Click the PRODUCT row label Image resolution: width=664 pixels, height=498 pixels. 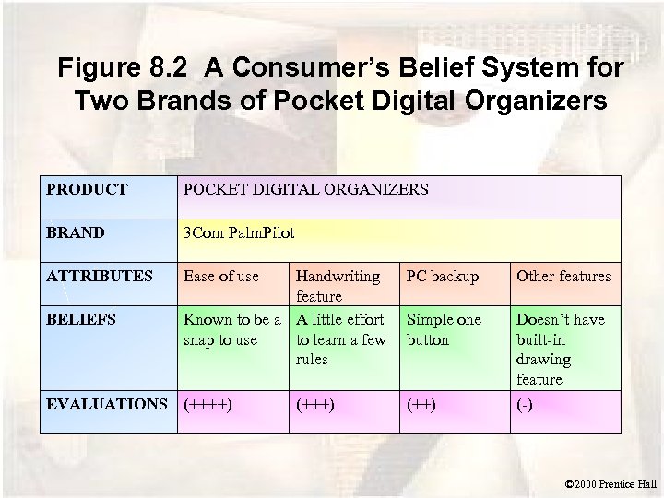87,189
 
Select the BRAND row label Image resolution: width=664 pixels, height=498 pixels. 75,232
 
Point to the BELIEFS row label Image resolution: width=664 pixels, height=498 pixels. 80,319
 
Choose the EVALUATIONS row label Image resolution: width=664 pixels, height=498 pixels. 107,403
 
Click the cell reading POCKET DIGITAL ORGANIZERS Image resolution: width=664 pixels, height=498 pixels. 305,189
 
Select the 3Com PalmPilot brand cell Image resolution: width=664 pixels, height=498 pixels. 239,232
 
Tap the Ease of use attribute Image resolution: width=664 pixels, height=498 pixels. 221,276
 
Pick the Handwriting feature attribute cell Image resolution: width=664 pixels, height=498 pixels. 338,286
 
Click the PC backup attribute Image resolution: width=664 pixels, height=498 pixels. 443,276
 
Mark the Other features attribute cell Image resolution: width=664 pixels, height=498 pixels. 563,276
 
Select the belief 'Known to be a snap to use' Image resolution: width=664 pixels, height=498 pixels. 231,329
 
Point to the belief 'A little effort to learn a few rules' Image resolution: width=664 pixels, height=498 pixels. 339,339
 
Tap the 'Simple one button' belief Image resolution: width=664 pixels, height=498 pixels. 444,329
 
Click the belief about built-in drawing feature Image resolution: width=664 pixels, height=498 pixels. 561,349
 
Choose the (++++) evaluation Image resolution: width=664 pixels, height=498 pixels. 207,403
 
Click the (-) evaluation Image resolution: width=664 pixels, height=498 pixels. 525,404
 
